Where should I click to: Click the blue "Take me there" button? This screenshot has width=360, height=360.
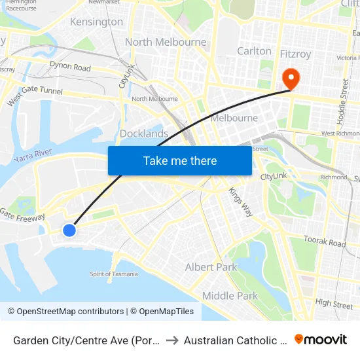pyautogui.click(x=180, y=161)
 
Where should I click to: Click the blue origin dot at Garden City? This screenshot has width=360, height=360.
pyautogui.click(x=69, y=230)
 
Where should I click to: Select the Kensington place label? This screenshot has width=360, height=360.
pyautogui.click(x=97, y=22)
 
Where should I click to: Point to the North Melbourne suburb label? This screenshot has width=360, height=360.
pyautogui.click(x=165, y=42)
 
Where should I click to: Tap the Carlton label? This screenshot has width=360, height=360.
pyautogui.click(x=254, y=51)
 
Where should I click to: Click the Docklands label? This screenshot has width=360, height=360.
pyautogui.click(x=144, y=134)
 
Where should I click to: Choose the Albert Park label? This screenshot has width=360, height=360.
pyautogui.click(x=211, y=267)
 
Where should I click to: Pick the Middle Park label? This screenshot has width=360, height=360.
pyautogui.click(x=230, y=296)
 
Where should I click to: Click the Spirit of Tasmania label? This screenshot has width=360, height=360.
pyautogui.click(x=114, y=274)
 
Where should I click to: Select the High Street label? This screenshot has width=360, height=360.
pyautogui.click(x=334, y=304)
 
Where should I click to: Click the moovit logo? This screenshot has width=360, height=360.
pyautogui.click(x=321, y=340)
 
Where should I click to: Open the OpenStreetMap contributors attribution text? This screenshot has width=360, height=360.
pyautogui.click(x=65, y=312)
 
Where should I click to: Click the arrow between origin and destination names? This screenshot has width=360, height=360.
pyautogui.click(x=172, y=340)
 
